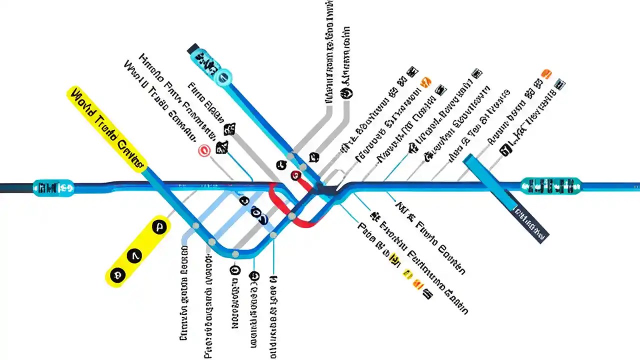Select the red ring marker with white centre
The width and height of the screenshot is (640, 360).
204,150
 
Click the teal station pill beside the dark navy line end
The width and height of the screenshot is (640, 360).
53,187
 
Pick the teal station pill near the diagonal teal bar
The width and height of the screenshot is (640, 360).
550,185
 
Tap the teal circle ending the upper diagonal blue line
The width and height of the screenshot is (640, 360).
223,76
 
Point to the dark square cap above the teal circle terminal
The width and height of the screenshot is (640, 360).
192,49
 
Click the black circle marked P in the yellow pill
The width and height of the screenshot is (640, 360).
159,227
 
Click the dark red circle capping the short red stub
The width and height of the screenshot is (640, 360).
295,175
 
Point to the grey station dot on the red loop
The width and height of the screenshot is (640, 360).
292,216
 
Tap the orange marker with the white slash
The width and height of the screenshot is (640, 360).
426,82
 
